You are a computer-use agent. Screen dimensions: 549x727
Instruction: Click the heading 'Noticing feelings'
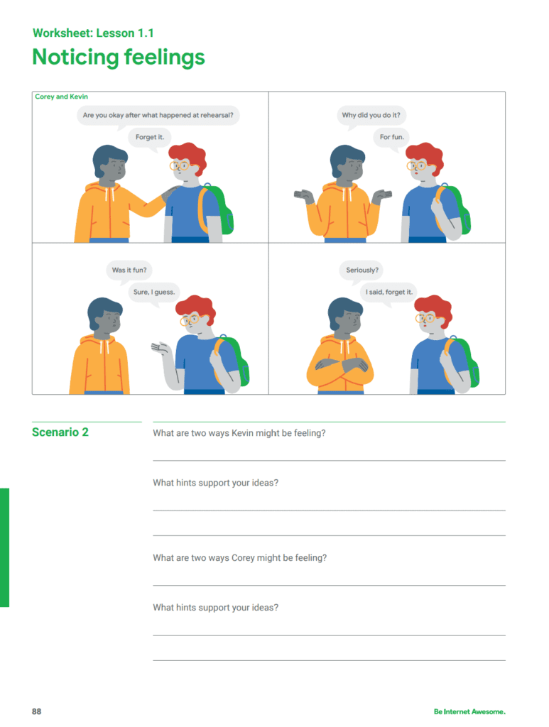[x=118, y=58]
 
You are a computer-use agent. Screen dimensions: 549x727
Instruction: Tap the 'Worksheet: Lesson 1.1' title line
[x=93, y=33]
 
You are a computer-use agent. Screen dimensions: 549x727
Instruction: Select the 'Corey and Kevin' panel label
[x=61, y=97]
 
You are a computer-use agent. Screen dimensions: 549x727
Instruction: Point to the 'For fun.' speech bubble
[x=392, y=137]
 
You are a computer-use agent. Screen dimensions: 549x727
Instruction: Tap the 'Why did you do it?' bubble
[x=371, y=115]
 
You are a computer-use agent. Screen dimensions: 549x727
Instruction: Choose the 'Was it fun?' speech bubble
[x=129, y=270]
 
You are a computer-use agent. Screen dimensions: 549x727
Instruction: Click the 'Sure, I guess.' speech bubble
[x=154, y=292]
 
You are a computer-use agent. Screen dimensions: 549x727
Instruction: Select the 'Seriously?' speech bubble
[x=362, y=270]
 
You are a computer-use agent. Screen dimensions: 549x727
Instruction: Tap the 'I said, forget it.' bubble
[x=389, y=292]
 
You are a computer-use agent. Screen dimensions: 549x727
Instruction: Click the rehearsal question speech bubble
[x=158, y=115]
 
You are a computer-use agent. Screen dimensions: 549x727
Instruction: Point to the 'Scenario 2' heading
[x=60, y=432]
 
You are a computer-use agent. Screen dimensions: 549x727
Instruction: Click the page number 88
[x=37, y=711]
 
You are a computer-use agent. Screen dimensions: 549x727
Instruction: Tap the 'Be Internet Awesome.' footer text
[x=469, y=711]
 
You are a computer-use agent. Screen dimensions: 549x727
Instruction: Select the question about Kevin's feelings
[x=239, y=433]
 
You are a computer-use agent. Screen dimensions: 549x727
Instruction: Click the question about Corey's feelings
[x=240, y=558]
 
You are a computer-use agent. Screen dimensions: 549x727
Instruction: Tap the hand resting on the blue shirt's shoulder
[x=170, y=192]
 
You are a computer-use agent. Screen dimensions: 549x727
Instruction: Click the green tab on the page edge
[x=5, y=547]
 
